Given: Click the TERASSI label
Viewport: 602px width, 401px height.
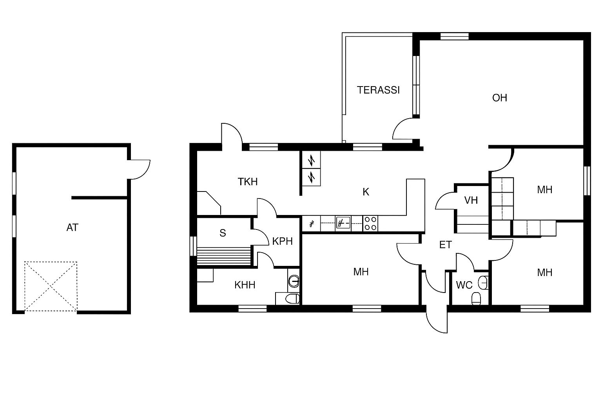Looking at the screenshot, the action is click(378, 90).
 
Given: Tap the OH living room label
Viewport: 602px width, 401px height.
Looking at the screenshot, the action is click(500, 98).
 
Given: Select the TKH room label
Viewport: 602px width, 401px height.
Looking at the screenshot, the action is click(248, 182).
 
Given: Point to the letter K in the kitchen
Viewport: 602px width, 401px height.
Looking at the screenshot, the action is click(366, 192).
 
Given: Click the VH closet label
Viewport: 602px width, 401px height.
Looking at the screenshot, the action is click(471, 200).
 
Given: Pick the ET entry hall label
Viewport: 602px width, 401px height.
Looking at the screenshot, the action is click(445, 245).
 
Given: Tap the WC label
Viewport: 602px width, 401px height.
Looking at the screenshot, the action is click(464, 285).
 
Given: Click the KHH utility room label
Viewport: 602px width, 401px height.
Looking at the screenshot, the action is click(245, 285).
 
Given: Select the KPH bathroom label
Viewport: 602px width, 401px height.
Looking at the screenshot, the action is click(282, 241).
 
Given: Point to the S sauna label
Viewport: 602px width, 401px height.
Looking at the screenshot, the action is click(223, 233).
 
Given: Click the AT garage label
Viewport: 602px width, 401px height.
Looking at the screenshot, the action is click(72, 228).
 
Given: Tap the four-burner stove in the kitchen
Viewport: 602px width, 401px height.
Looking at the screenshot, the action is click(370, 224).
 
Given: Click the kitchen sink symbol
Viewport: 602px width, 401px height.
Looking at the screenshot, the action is click(343, 223).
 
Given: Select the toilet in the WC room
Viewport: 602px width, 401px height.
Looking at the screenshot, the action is click(476, 299).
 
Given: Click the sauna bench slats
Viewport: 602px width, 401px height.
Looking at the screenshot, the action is click(224, 256).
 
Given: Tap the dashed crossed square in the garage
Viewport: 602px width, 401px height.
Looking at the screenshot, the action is click(51, 286).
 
